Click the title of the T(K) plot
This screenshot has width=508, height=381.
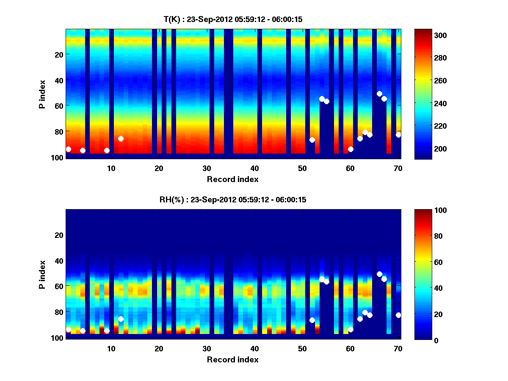click(233, 19)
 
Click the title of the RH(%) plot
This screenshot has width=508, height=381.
click(233, 200)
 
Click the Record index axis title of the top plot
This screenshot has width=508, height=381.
click(233, 179)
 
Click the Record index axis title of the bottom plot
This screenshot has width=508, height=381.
click(233, 359)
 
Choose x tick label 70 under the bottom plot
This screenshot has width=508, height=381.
click(398, 348)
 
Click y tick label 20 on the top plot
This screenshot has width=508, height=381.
click(59, 54)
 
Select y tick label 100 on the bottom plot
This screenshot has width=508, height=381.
click(58, 338)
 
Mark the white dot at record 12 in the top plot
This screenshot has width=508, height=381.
click(121, 138)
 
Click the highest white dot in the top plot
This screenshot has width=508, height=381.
click(379, 94)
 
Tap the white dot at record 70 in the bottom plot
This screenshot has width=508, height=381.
click(398, 315)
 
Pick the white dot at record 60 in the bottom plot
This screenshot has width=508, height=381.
click(351, 329)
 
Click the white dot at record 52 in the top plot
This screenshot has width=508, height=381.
click(312, 140)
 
